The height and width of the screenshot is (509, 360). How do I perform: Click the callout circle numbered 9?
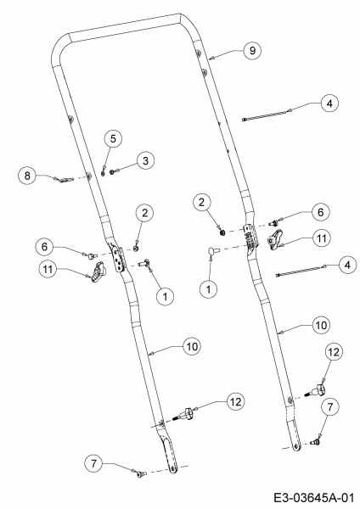252,50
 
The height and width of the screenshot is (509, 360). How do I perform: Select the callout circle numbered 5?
113,138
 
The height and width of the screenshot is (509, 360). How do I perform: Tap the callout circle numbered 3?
145,160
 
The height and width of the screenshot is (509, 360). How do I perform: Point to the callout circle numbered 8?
27,176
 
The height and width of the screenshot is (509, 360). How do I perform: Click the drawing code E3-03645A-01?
313,497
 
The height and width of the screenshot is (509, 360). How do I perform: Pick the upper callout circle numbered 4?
329,103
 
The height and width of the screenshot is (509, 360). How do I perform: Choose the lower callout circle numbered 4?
347,266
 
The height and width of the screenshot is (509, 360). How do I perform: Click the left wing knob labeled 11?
97,273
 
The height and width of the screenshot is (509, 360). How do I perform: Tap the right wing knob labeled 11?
275,240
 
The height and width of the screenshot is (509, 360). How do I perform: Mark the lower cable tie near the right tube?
299,271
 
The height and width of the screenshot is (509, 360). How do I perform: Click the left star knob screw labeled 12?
184,414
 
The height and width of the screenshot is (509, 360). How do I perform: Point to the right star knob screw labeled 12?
315,390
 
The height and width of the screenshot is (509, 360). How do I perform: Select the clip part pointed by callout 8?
65,179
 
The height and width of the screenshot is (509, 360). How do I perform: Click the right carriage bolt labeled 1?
213,250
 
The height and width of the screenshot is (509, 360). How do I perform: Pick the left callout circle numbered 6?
44,247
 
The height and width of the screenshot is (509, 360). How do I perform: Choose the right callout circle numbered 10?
321,325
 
